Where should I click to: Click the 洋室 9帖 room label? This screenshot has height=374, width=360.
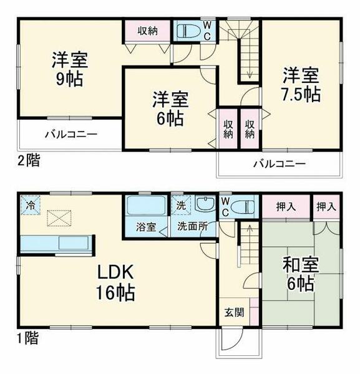[70, 70]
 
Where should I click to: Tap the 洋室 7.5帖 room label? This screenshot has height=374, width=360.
[302, 85]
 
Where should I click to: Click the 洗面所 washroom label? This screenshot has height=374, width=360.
[191, 227]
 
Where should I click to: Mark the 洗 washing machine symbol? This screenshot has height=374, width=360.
[180, 204]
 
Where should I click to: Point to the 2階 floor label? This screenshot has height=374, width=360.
[28, 160]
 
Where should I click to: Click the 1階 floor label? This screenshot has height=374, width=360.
[28, 338]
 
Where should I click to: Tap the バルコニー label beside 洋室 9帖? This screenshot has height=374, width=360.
[71, 135]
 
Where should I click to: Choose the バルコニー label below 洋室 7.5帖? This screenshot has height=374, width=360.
[279, 165]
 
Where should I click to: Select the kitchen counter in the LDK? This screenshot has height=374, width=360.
[56, 242]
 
